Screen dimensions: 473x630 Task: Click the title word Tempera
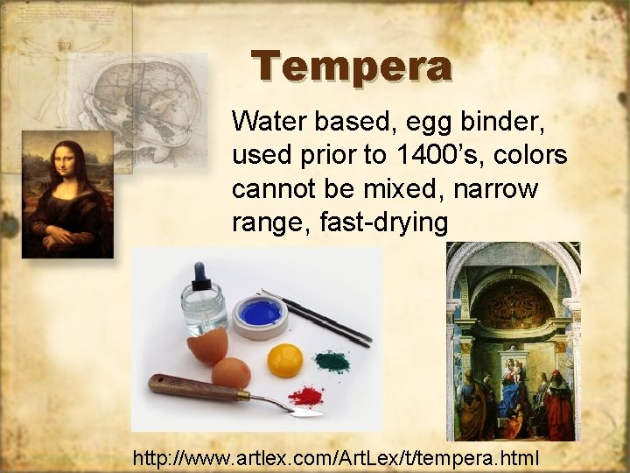click(x=352, y=67)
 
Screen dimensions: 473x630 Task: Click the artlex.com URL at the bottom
click(x=337, y=456)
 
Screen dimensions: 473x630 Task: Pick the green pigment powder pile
click(x=332, y=360)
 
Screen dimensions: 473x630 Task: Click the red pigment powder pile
click(x=305, y=396)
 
